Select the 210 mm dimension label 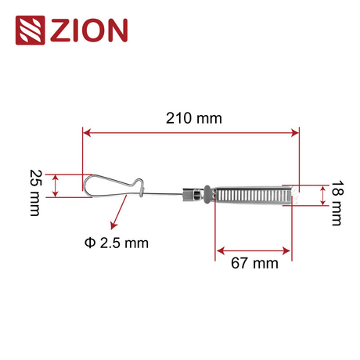point(193,118)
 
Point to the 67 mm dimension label point(254,263)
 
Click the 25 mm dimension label point(34,193)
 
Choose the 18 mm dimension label point(336,203)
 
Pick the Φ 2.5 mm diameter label point(115,242)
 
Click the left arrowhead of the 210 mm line point(86,133)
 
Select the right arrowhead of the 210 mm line point(296,133)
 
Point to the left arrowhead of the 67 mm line point(219,250)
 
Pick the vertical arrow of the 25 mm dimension point(55,185)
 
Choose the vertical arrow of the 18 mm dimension point(321,195)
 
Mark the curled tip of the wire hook point(141,185)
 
